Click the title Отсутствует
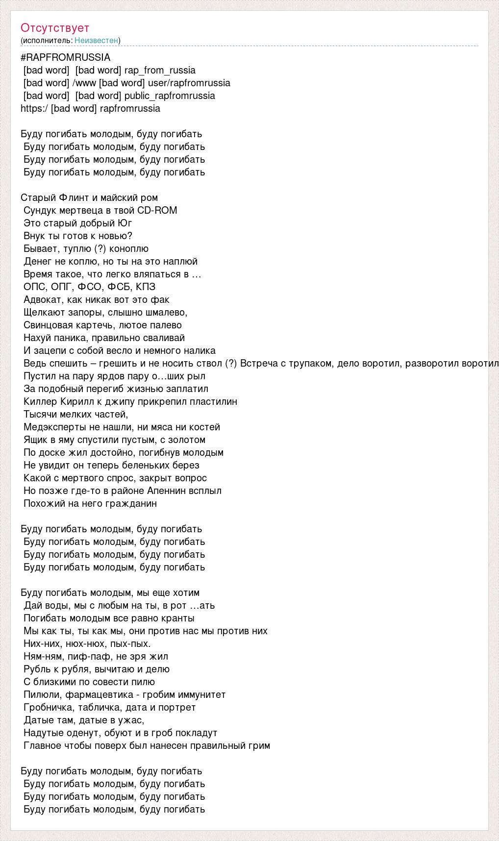pos(55,28)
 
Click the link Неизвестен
pos(96,40)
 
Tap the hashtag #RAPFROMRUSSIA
pos(66,57)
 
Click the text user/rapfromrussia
pos(189,83)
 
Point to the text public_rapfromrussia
pos(170,96)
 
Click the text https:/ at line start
pos(34,108)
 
